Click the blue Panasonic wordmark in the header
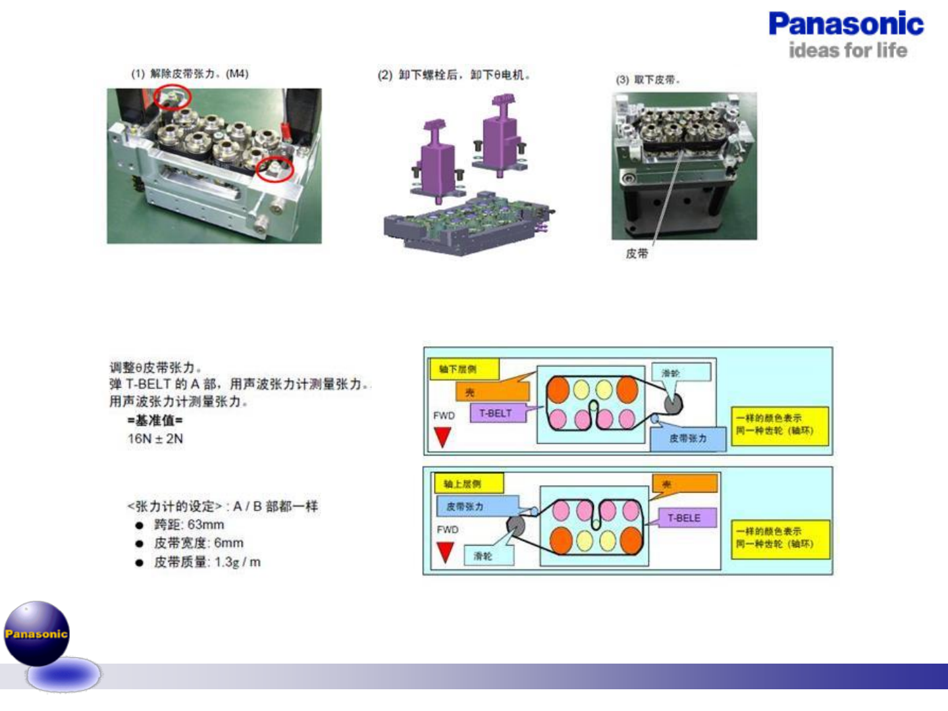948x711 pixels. coord(846,24)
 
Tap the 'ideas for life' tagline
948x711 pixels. coord(847,51)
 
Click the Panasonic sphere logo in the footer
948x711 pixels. coord(37,633)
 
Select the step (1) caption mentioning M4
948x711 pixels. coord(190,74)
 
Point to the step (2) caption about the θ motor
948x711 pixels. coord(454,75)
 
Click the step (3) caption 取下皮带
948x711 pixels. coord(648,80)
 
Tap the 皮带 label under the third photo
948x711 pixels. coord(637,253)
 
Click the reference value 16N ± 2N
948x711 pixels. coord(155,438)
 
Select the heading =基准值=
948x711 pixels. coord(155,420)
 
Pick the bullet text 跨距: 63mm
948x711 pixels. coord(189,525)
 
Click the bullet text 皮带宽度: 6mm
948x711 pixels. coord(198,543)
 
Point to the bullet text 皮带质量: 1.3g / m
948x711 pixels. coord(207,562)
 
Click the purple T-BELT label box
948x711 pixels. coord(495,413)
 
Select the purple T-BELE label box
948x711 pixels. coord(683,518)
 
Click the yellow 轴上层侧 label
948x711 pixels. coord(467,484)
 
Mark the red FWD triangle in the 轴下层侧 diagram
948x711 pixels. coord(442,436)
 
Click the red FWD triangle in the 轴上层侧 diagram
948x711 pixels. coord(446,552)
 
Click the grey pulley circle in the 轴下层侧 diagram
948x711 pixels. coord(673,404)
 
